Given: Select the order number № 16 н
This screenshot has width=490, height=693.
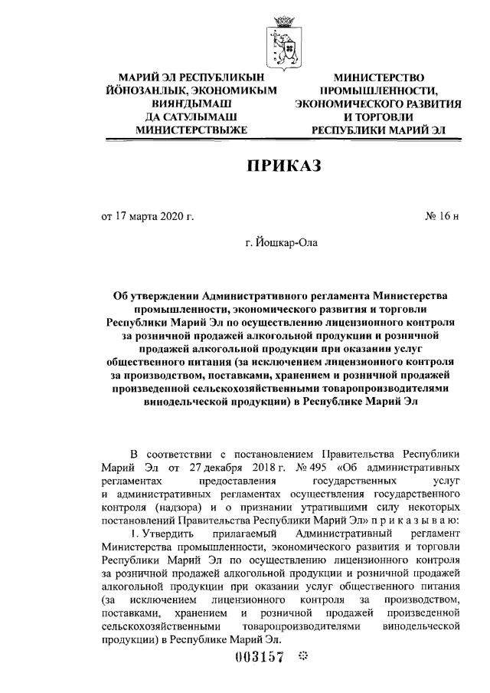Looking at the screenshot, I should [x=442, y=216].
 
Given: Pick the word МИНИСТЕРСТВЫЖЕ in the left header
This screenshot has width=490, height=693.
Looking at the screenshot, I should [x=191, y=130].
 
